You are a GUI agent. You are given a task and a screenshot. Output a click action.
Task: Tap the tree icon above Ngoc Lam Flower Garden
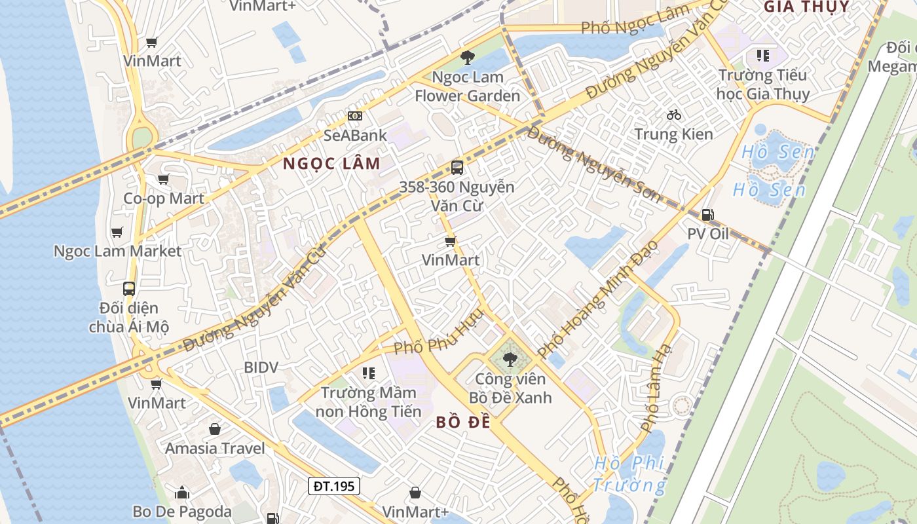pyautogui.click(x=467, y=58)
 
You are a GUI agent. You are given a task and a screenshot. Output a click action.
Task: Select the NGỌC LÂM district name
pyautogui.click(x=331, y=164)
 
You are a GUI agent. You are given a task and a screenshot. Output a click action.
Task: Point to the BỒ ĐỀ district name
pyautogui.click(x=463, y=422)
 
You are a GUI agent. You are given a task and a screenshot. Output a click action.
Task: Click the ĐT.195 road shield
pyautogui.click(x=334, y=486)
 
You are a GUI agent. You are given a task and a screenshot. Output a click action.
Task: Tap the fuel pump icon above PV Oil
pyautogui.click(x=707, y=215)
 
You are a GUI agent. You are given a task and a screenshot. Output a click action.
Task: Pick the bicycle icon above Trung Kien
pyautogui.click(x=673, y=115)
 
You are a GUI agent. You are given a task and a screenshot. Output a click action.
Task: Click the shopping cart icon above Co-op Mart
pyautogui.click(x=164, y=179)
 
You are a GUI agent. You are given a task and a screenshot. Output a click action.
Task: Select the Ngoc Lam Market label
pyautogui.click(x=117, y=251)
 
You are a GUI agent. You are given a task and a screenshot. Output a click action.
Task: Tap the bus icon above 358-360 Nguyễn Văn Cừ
pyautogui.click(x=457, y=167)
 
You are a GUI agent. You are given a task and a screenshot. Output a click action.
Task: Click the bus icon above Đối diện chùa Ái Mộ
pyautogui.click(x=129, y=288)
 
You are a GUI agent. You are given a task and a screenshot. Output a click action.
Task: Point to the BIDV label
pyautogui.click(x=261, y=367)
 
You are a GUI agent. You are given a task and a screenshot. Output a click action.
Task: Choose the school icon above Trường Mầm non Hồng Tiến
pyautogui.click(x=369, y=373)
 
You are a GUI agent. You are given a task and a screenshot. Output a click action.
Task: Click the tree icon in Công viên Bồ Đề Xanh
pyautogui.click(x=510, y=359)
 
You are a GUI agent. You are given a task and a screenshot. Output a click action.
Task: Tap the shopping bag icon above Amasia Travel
pyautogui.click(x=215, y=430)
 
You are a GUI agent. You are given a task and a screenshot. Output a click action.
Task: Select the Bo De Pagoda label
pyautogui.click(x=182, y=512)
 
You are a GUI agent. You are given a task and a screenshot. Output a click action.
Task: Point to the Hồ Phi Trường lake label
pyautogui.click(x=629, y=474)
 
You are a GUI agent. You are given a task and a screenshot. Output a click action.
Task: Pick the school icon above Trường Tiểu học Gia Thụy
pyautogui.click(x=762, y=55)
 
